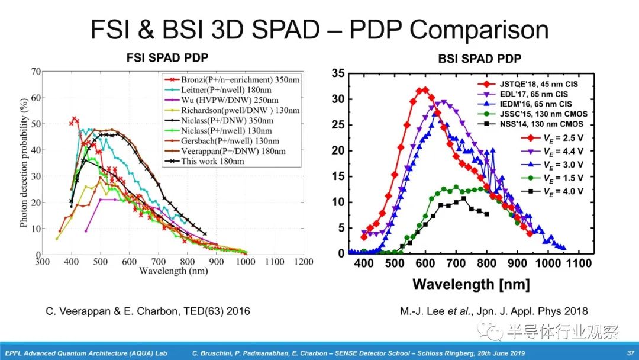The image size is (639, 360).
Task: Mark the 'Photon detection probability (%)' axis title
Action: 24,163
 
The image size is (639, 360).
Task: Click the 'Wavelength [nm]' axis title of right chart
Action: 472,284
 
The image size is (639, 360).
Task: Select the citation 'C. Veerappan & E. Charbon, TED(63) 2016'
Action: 147,311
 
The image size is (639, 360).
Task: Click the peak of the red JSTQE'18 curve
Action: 423,90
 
